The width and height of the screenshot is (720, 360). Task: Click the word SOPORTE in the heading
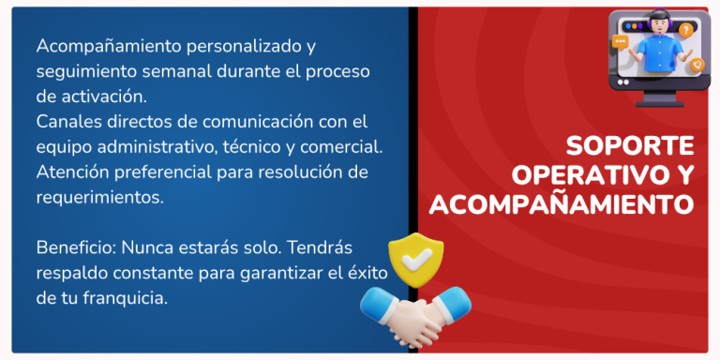click(x=630, y=146)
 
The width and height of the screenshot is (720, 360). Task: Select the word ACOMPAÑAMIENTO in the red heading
click(x=561, y=203)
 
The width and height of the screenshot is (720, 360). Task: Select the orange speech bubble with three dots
click(x=620, y=42)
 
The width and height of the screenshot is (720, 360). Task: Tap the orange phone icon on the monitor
click(x=696, y=65)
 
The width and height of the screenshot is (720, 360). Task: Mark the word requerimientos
click(x=100, y=198)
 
